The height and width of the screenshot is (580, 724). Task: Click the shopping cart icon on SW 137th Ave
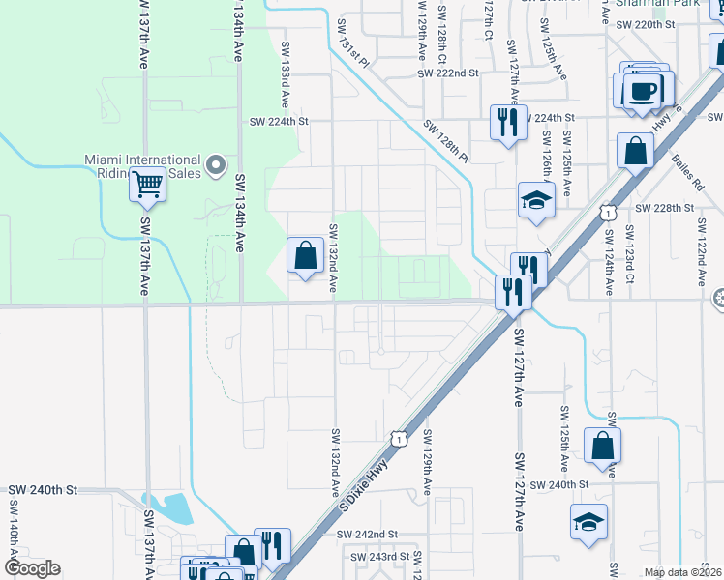147,182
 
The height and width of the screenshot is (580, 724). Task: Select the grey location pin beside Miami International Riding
216,164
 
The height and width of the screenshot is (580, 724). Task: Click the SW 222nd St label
448,73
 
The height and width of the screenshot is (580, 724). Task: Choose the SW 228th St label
665,208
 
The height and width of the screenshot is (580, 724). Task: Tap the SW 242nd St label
368,534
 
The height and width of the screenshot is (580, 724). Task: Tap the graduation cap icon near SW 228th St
535,199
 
